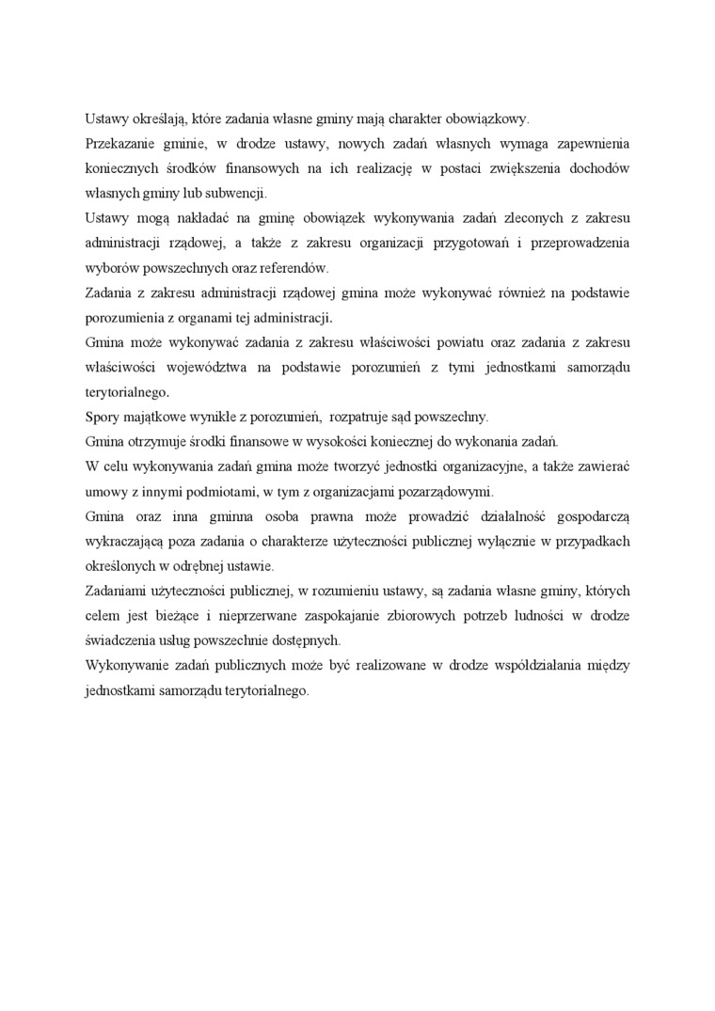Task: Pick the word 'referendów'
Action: pyautogui.click(x=294, y=267)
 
